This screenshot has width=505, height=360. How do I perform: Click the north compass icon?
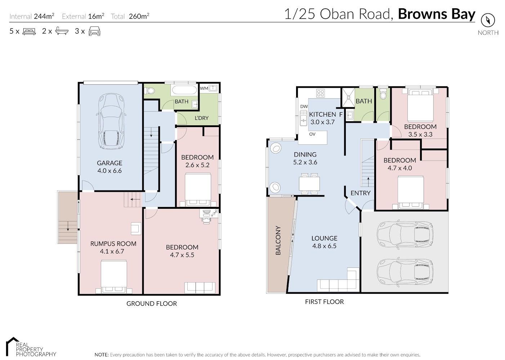[x=488, y=20]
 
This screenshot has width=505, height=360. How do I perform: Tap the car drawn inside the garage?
[x=111, y=121]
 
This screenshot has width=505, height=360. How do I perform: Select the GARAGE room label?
[x=110, y=163]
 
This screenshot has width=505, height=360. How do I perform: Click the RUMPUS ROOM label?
[x=113, y=243]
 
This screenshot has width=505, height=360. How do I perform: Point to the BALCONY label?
[x=278, y=240]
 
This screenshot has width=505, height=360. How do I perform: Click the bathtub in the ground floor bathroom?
[x=184, y=90]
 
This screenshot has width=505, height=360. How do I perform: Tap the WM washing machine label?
[x=204, y=88]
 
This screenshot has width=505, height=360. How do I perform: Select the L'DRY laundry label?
[x=202, y=118]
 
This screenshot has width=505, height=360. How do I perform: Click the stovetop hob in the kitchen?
[x=320, y=93]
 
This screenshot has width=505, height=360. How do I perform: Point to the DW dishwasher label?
[x=304, y=106]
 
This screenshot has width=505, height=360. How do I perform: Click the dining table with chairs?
[x=309, y=184]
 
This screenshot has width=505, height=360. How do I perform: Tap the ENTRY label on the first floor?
[x=361, y=193]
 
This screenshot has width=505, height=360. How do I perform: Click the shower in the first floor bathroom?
[x=348, y=97]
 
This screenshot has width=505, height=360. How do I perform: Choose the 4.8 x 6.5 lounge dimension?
[x=324, y=246]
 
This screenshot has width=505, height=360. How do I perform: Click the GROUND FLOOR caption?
[x=152, y=303]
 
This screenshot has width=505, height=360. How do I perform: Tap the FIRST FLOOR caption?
[x=325, y=302]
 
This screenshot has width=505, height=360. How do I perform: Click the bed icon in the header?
[x=29, y=31]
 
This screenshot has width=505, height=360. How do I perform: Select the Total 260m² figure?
[x=130, y=16]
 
